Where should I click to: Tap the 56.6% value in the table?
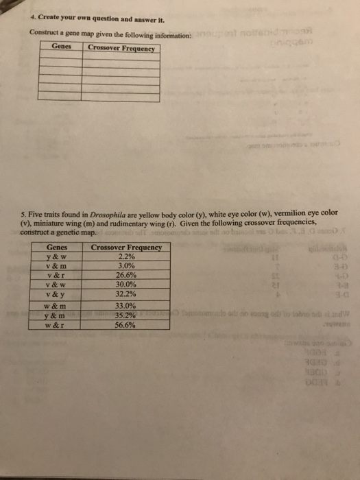[x=125, y=326]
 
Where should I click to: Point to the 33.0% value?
[x=125, y=307]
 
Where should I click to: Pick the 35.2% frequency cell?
[x=125, y=316]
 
